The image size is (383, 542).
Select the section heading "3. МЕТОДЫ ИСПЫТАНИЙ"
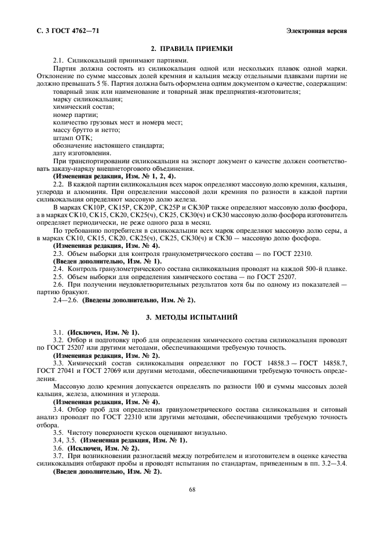click(x=191, y=318)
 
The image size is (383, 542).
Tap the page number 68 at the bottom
click(x=192, y=490)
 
